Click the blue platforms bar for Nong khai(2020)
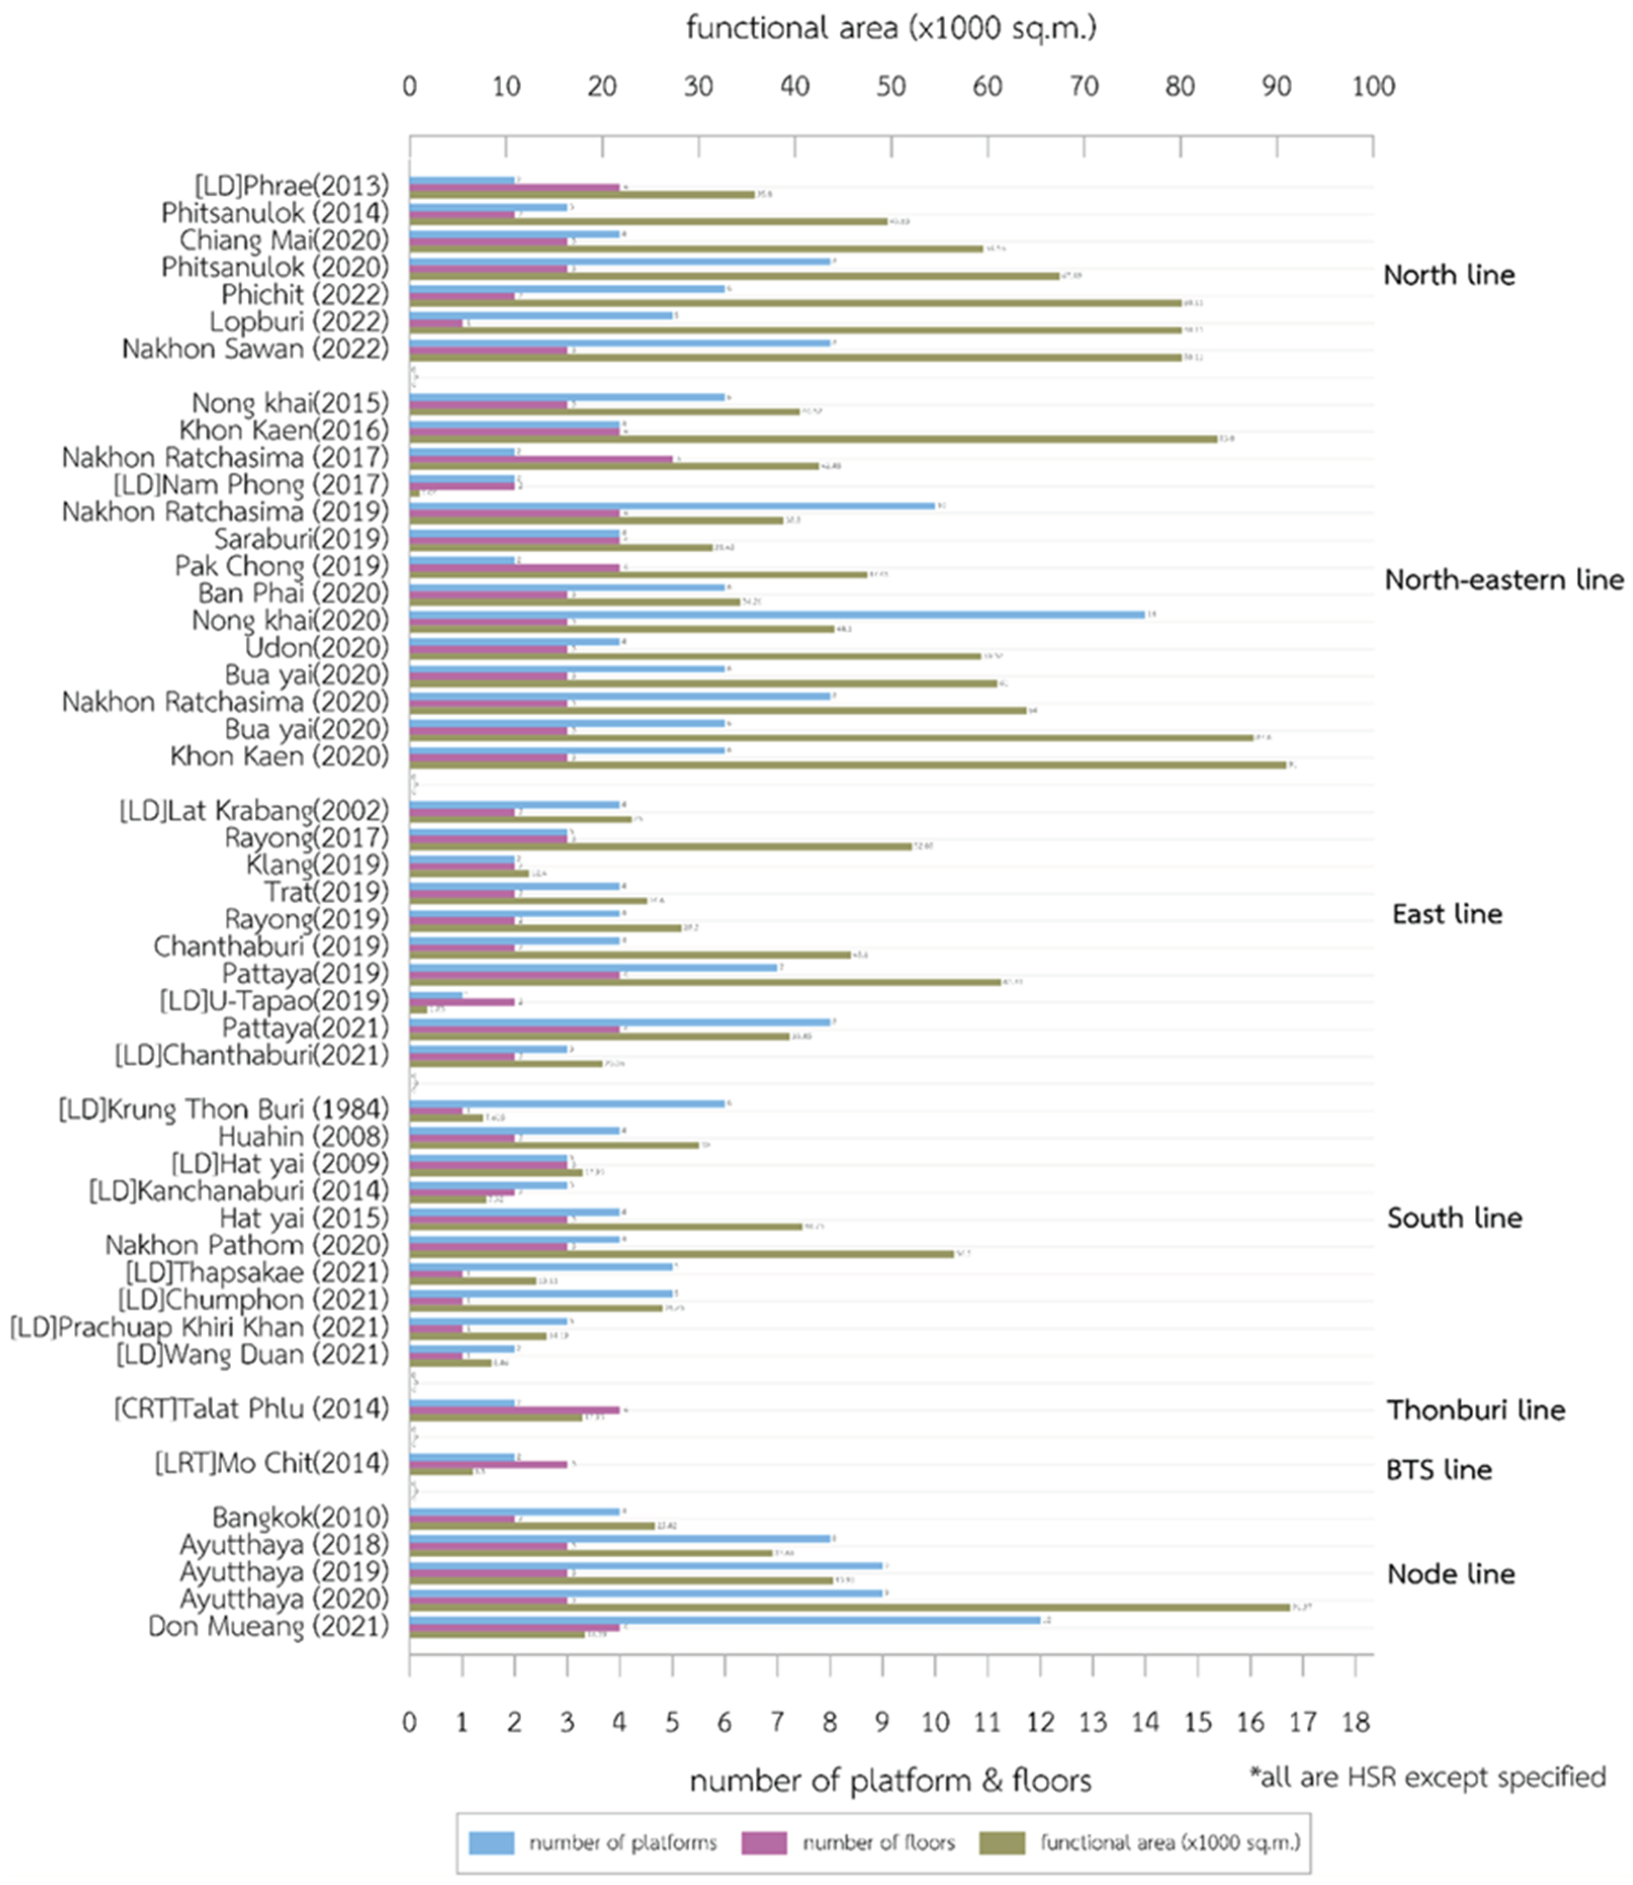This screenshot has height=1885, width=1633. click(777, 615)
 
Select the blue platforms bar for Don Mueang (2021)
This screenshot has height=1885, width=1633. click(724, 1620)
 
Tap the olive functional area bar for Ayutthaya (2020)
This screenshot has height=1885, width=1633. click(849, 1607)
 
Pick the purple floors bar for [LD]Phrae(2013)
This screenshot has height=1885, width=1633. click(514, 187)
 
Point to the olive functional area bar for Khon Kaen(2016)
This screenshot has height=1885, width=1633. click(813, 439)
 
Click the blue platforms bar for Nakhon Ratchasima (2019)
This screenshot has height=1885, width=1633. click(671, 506)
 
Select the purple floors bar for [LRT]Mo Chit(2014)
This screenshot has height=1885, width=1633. click(487, 1464)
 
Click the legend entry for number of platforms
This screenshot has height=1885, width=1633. click(593, 1842)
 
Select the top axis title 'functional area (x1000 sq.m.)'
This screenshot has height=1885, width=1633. click(891, 28)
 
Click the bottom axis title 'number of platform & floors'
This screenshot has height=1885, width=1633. click(890, 1780)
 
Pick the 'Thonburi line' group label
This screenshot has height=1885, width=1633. click(1475, 1410)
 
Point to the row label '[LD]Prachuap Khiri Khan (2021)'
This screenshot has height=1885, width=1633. click(199, 1327)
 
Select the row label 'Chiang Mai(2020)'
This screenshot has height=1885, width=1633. click(284, 241)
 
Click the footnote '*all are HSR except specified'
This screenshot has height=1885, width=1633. click(1427, 1777)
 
